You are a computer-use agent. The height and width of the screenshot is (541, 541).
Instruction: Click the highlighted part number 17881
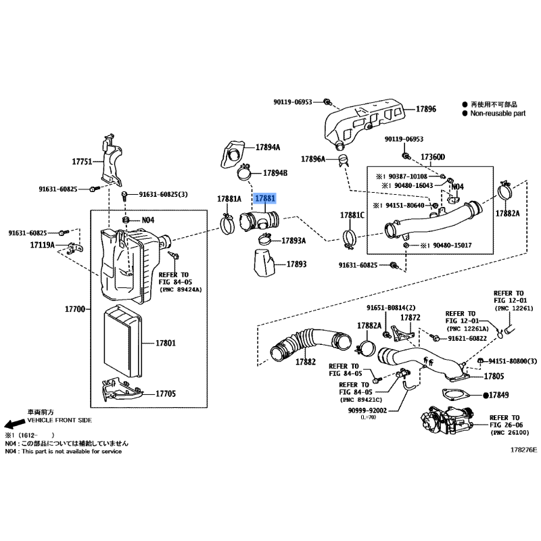265,198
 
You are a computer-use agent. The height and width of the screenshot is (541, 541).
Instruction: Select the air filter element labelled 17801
122,342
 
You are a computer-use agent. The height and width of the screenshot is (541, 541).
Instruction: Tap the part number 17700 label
75,309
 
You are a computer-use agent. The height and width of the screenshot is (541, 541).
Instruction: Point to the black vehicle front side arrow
14,424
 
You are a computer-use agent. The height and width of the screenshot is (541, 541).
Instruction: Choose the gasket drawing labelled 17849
456,396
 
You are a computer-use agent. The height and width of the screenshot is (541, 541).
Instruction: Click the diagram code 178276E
523,450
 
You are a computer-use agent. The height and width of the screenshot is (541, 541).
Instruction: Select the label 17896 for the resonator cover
426,109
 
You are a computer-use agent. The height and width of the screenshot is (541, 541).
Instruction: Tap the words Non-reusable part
498,113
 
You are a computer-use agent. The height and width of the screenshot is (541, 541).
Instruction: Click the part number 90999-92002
367,410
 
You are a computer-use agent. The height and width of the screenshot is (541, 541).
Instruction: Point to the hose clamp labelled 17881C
349,238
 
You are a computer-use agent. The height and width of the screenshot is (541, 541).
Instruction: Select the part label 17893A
293,241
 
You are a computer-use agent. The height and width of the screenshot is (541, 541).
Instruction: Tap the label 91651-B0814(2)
391,308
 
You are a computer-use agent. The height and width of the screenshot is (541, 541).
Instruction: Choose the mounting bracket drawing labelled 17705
122,391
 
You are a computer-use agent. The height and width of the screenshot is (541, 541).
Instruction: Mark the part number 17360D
433,158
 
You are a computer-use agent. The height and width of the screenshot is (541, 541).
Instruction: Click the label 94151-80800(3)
513,361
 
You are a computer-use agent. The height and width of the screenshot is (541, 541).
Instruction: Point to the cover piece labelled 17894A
233,154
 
